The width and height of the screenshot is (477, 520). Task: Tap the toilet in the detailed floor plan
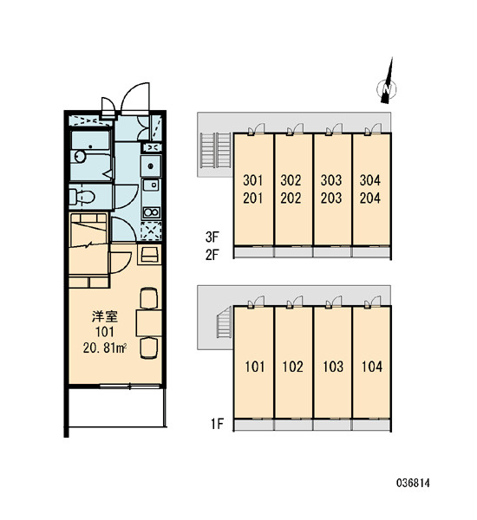pyautogui.click(x=82, y=197)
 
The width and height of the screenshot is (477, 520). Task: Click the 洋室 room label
pyautogui.click(x=105, y=316)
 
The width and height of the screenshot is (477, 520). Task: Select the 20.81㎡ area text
pyautogui.click(x=105, y=348)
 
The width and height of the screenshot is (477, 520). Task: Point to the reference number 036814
pyautogui.click(x=413, y=483)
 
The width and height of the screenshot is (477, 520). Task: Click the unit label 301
pyautogui.click(x=253, y=180)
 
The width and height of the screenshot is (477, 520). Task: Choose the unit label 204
pyautogui.click(x=370, y=198)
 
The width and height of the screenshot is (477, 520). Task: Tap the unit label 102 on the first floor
pyautogui.click(x=293, y=367)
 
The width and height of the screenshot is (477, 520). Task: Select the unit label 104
pyautogui.click(x=372, y=367)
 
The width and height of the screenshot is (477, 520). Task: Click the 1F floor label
pyautogui.click(x=218, y=424)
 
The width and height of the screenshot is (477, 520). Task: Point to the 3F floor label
pyautogui.click(x=212, y=237)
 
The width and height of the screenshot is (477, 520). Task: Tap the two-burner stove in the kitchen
pyautogui.click(x=151, y=212)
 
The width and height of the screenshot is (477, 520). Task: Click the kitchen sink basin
pyautogui.click(x=151, y=166)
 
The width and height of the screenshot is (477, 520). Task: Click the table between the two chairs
pyautogui.click(x=148, y=323)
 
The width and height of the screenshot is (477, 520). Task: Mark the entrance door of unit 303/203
pyautogui.click(x=334, y=129)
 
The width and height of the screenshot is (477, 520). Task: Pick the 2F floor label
pyautogui.click(x=212, y=255)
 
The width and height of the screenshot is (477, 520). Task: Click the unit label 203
pyautogui.click(x=331, y=198)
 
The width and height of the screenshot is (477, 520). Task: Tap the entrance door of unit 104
pyautogui.click(x=373, y=302)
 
